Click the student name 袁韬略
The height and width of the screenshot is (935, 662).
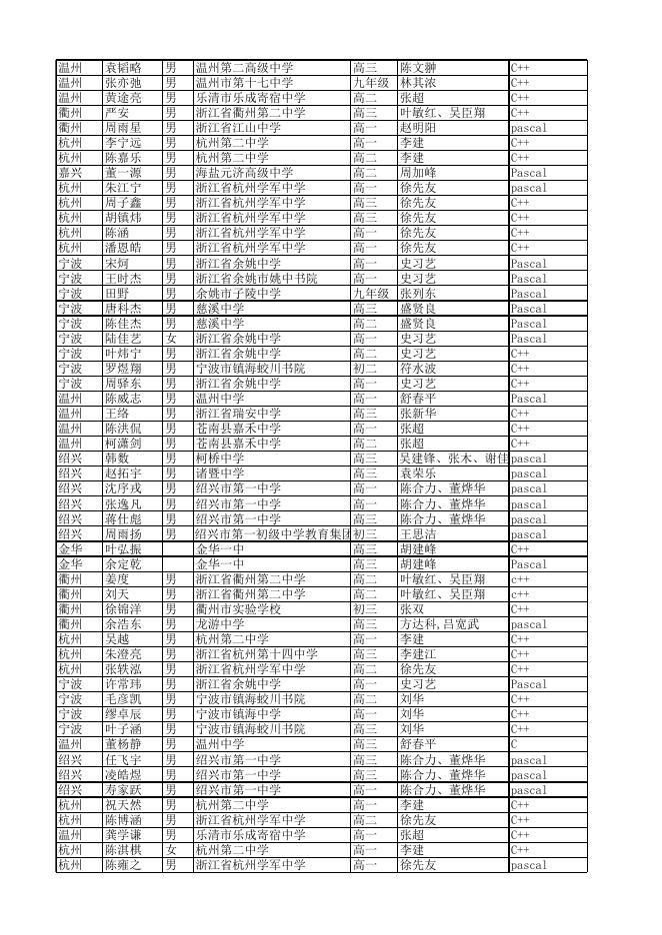pyautogui.click(x=124, y=68)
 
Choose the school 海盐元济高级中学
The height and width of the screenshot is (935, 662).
pyautogui.click(x=244, y=173)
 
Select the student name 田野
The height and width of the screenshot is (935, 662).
pyautogui.click(x=118, y=294)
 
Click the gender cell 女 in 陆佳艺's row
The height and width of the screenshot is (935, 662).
pyautogui.click(x=171, y=339)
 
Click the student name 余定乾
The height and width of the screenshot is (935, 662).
pyautogui.click(x=124, y=563)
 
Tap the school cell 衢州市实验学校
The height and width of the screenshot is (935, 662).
pyautogui.click(x=238, y=608)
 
